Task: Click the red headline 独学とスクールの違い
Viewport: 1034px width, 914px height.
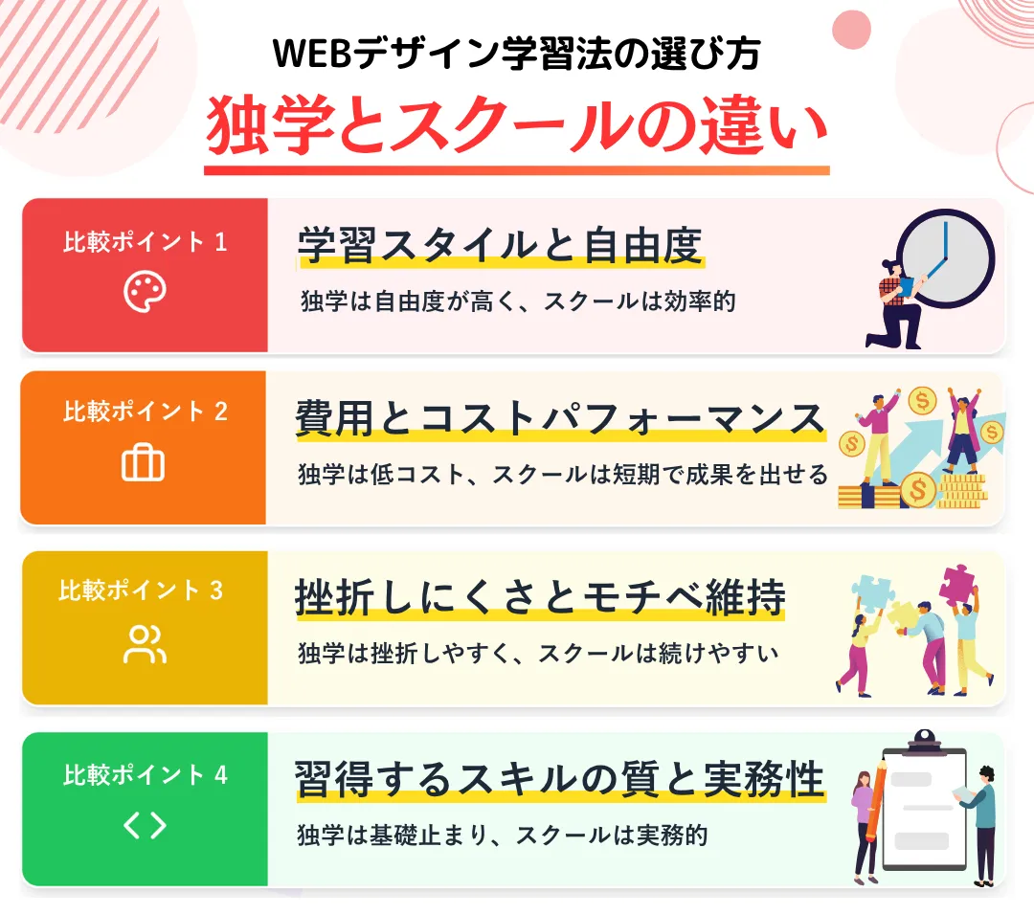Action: [516, 125]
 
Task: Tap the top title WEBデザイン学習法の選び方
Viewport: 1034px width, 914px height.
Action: [516, 54]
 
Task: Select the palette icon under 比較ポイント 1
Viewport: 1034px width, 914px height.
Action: [145, 291]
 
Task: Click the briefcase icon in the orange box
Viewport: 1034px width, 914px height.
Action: [143, 462]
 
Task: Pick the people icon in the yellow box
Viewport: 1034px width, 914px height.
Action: [145, 644]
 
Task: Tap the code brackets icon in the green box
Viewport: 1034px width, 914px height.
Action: [145, 825]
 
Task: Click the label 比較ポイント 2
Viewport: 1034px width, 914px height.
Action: [146, 412]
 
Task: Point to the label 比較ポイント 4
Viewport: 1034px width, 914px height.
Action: [146, 774]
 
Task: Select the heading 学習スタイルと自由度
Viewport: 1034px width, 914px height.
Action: [500, 245]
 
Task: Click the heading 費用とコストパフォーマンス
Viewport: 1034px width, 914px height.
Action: [560, 418]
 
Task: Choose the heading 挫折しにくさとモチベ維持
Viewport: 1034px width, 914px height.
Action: [540, 598]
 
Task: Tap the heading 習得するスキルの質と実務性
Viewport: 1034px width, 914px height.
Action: [560, 779]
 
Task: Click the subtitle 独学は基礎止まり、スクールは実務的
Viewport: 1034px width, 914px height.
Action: [503, 835]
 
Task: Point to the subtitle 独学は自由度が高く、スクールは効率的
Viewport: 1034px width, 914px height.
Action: [518, 301]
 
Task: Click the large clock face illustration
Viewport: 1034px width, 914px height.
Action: [946, 259]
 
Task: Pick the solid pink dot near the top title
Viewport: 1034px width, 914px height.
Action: [851, 30]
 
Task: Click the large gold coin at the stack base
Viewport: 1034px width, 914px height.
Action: [918, 490]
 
